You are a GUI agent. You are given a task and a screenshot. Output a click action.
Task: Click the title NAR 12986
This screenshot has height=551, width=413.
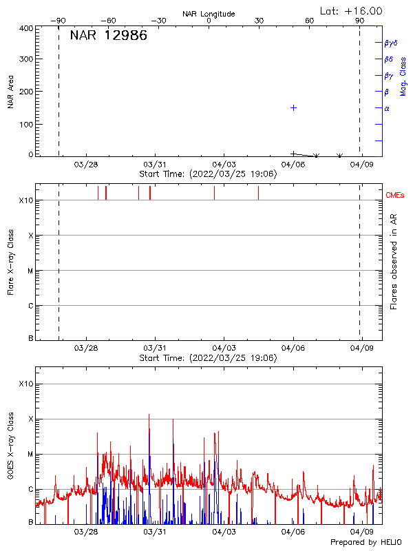(x=108, y=37)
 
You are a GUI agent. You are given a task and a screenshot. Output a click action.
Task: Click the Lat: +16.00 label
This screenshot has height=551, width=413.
(x=352, y=10)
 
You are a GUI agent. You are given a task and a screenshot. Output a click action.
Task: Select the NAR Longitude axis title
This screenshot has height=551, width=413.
(x=209, y=14)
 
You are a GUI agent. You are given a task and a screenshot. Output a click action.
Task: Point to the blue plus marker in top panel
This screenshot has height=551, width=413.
(x=293, y=108)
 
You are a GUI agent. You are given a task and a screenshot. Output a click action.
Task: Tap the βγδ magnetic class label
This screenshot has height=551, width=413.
(x=391, y=43)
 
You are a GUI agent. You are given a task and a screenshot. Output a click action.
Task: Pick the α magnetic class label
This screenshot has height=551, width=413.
(x=387, y=108)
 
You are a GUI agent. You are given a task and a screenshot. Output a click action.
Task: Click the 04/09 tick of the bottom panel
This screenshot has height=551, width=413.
(x=362, y=532)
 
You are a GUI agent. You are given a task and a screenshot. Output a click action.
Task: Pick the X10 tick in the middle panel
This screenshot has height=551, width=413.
(x=26, y=200)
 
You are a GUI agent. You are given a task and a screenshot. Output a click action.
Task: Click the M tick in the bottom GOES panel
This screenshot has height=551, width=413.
(x=30, y=455)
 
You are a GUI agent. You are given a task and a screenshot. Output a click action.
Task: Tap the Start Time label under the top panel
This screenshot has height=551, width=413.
(x=208, y=174)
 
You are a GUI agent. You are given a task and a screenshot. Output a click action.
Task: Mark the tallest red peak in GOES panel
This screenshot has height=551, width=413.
(x=149, y=415)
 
